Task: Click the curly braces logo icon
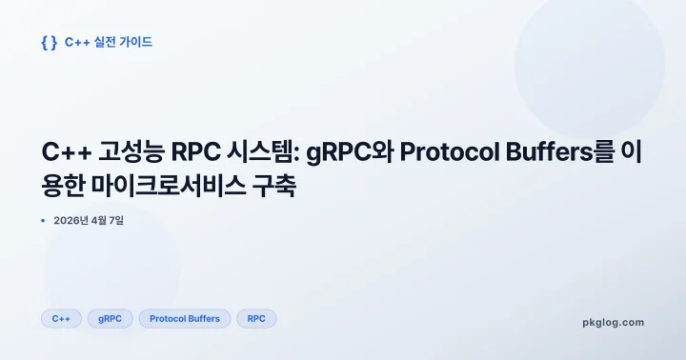pos(49,42)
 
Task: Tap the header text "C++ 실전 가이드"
pos(109,42)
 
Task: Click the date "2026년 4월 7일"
pos(89,221)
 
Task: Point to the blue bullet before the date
pos(44,221)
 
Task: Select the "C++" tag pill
pos(61,319)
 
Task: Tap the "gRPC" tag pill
pos(110,319)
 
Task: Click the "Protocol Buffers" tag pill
pos(185,319)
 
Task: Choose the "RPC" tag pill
pos(256,319)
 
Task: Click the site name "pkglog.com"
pos(613,322)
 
